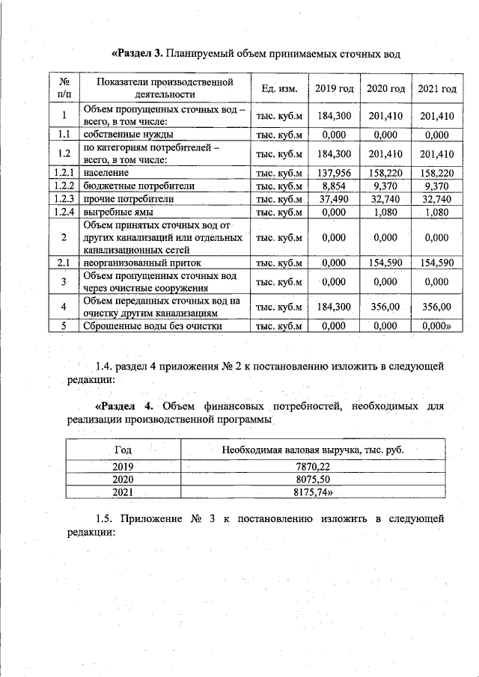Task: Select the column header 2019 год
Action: pyautogui.click(x=334, y=89)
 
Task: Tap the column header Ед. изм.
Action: pyautogui.click(x=280, y=89)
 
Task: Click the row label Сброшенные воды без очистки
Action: pyautogui.click(x=153, y=326)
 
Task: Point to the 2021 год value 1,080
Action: pyautogui.click(x=438, y=213)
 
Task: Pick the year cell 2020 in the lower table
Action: pyautogui.click(x=122, y=479)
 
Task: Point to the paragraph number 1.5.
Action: pyautogui.click(x=108, y=518)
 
